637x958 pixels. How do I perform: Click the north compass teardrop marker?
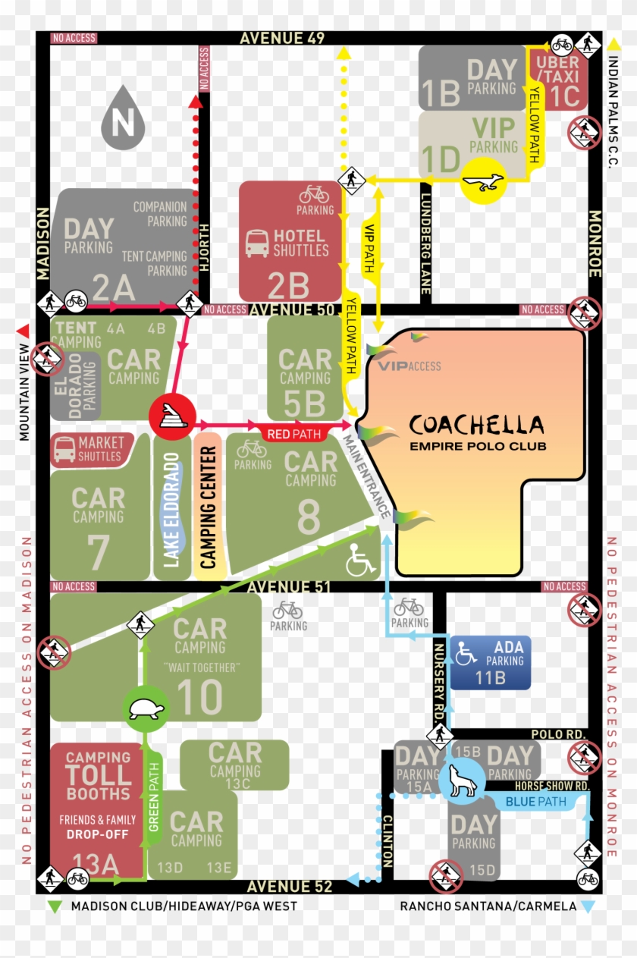tap(123, 119)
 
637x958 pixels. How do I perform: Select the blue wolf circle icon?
tap(462, 783)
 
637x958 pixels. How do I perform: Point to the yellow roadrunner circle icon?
tap(484, 181)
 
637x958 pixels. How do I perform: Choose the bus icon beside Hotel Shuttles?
tap(256, 243)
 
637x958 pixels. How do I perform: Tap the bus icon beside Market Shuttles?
tap(64, 450)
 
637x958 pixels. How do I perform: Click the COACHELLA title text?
tap(476, 425)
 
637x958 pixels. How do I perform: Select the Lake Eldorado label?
tap(172, 510)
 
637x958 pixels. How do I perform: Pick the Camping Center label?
tap(208, 507)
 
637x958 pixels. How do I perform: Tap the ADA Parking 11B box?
tap(490, 662)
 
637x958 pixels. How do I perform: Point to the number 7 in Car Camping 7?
tap(99, 553)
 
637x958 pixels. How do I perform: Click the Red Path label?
tap(294, 435)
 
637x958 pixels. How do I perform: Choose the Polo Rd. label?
tap(560, 735)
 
